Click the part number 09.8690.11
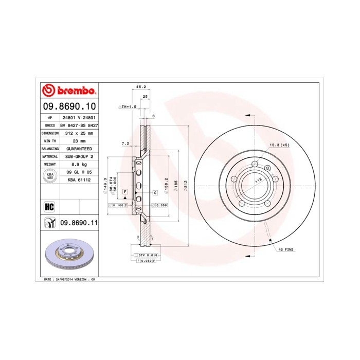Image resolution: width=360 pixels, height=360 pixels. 79,223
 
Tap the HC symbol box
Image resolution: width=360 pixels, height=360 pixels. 49,207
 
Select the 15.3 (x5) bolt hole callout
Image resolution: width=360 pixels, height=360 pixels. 280,146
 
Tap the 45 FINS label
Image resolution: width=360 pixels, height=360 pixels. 286,249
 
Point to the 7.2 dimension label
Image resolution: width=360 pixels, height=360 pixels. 124,144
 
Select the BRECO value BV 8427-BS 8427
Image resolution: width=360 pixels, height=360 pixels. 79,125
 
